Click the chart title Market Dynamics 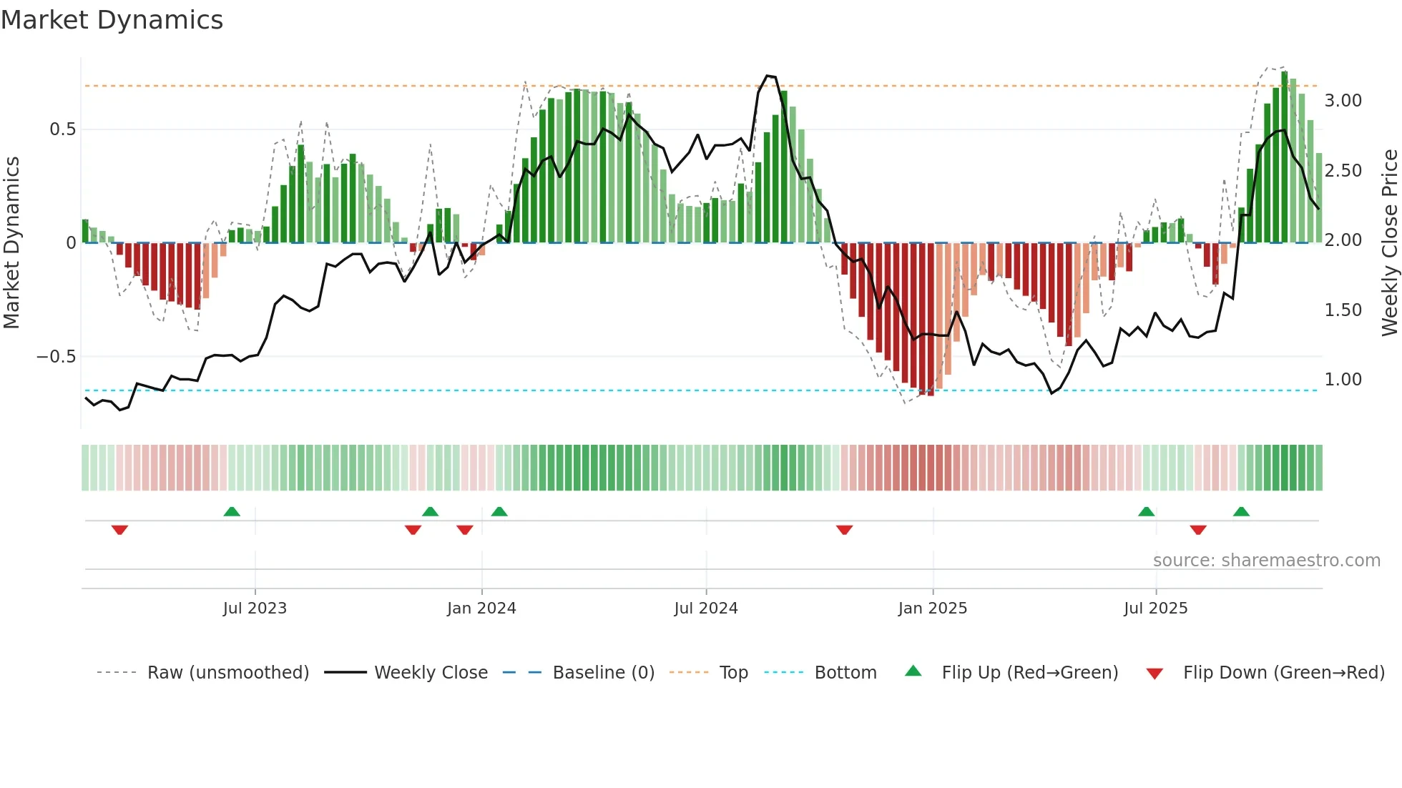tap(112, 20)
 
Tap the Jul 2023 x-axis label tap(255, 609)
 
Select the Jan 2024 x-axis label tap(481, 609)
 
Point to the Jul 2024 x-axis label tap(706, 609)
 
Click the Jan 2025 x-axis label tap(933, 609)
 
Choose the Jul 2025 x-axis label tap(1156, 609)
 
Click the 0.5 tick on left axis tap(62, 129)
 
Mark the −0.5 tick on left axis tap(56, 357)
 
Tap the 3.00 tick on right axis tap(1343, 101)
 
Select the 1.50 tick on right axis tap(1343, 310)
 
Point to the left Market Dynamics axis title tap(11, 243)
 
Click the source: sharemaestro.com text tap(1266, 561)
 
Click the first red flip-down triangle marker tap(119, 530)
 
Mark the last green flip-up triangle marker tap(1241, 512)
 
